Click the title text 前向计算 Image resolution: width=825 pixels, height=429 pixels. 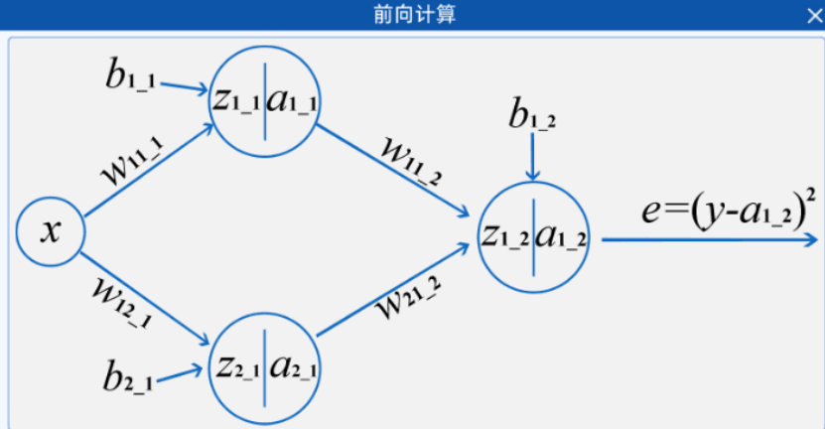tap(413, 13)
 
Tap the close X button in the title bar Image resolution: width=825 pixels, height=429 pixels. tap(813, 14)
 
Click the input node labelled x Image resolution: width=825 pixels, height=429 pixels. tap(50, 232)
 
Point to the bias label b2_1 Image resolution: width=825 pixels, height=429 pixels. tap(126, 377)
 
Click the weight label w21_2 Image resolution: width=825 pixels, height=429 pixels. tap(406, 296)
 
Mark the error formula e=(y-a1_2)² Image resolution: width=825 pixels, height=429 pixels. tap(721, 211)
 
